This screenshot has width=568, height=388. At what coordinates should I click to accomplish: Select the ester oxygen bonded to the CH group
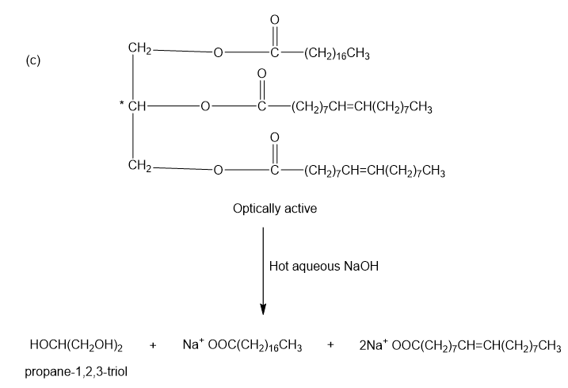pyautogui.click(x=204, y=107)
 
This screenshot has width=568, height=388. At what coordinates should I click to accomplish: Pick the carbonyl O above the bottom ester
pyautogui.click(x=275, y=136)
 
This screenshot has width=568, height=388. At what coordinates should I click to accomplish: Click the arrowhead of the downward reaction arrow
pyautogui.click(x=263, y=307)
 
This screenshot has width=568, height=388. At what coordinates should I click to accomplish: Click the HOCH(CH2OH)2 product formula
pyautogui.click(x=76, y=346)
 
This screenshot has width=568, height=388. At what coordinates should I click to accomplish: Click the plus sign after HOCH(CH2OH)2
pyautogui.click(x=153, y=346)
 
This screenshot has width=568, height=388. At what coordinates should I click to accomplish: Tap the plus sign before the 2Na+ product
pyautogui.click(x=330, y=346)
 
